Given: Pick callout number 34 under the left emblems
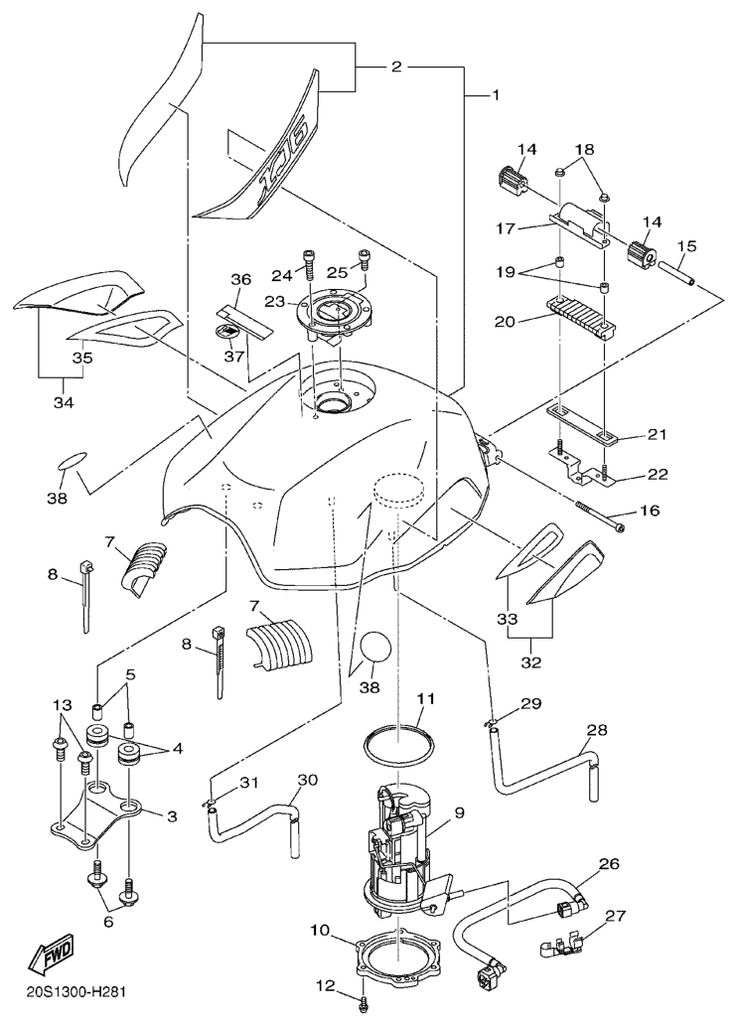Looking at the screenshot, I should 63,401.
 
